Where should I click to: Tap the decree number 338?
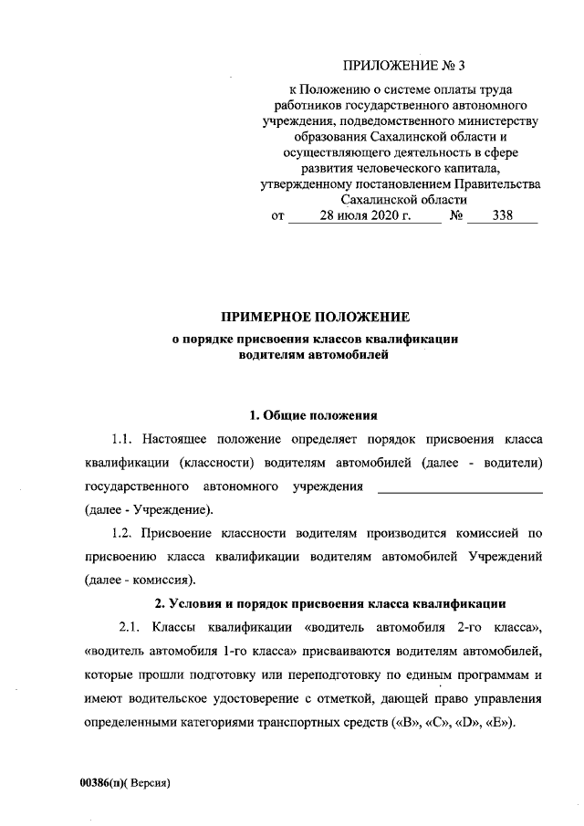pyautogui.click(x=502, y=216)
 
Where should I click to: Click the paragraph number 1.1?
pyautogui.click(x=123, y=439)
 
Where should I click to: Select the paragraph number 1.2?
pyautogui.click(x=123, y=532)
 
